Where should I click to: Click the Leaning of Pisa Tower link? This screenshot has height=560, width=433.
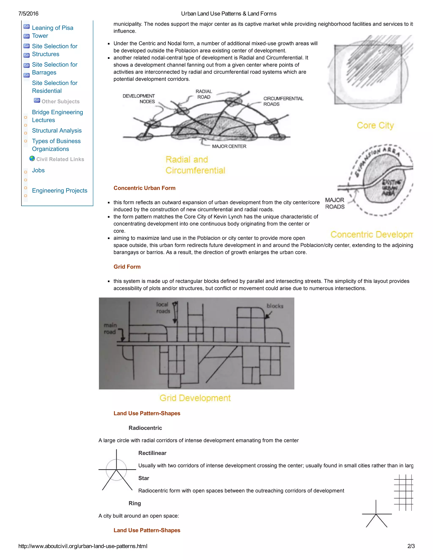click(x=52, y=31)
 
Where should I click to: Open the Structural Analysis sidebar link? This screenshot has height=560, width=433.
click(x=57, y=131)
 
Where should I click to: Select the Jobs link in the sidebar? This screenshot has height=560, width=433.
click(x=38, y=170)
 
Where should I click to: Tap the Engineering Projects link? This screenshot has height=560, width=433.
click(x=59, y=191)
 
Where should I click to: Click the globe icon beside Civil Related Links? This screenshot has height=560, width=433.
click(x=32, y=159)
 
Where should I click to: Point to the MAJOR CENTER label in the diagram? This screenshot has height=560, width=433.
click(x=229, y=146)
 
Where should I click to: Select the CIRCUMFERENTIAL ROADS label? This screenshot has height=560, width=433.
click(x=283, y=101)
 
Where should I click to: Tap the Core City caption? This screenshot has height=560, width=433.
click(x=375, y=125)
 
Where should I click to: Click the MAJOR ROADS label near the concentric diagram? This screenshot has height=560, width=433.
click(x=335, y=203)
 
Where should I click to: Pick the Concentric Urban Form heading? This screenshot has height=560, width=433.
click(x=144, y=188)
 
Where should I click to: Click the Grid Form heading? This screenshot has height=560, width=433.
click(x=127, y=267)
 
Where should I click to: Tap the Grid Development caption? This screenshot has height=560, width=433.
click(x=195, y=398)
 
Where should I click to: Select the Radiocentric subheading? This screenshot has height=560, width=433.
click(x=145, y=428)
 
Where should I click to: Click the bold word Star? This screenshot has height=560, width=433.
click(x=144, y=478)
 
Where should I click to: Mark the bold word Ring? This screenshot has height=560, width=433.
click(x=135, y=503)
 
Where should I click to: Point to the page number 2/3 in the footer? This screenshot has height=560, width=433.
click(x=411, y=546)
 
